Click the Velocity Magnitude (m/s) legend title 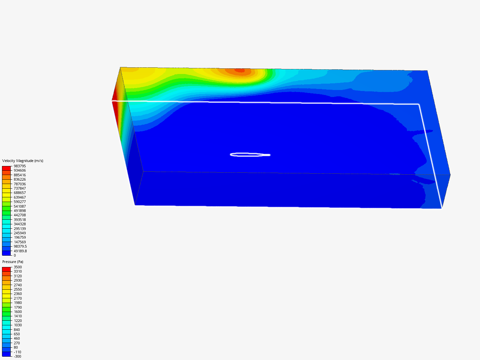coord(23,161)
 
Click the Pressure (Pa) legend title coord(13,262)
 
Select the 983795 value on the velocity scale coord(20,166)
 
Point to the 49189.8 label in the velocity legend coord(20,251)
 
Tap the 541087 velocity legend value coord(20,206)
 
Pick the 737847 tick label coord(20,188)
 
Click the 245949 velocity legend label coord(20,233)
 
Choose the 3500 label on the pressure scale coord(18,267)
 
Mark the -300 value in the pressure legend coord(17,357)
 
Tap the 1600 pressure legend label coord(18,312)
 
